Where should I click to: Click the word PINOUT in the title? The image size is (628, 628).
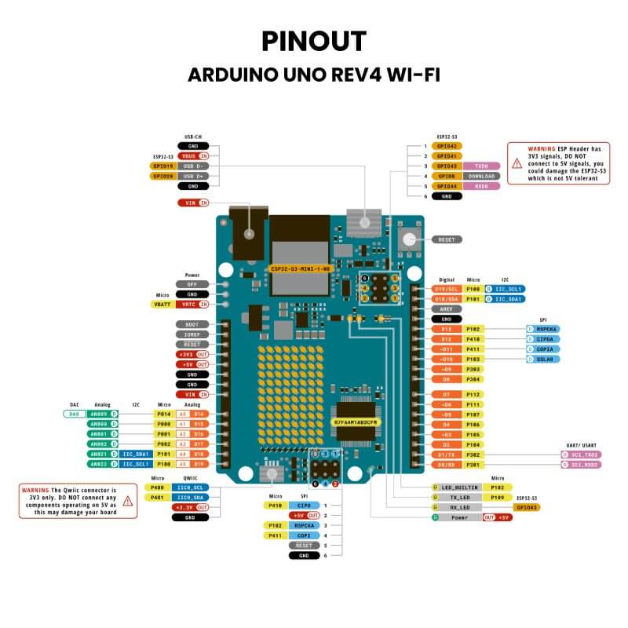click(314, 41)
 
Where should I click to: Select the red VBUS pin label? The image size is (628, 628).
click(189, 156)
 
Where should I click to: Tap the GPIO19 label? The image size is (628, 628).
click(162, 166)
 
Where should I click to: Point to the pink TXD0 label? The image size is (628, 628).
click(481, 166)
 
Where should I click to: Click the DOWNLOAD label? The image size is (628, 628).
click(481, 177)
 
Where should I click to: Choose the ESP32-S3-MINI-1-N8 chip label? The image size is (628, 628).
click(300, 268)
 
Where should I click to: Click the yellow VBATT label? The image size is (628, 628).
click(162, 304)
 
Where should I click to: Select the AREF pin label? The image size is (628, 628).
click(447, 309)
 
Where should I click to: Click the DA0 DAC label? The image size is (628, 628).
click(75, 413)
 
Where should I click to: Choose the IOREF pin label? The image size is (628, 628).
click(192, 334)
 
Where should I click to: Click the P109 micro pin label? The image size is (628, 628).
click(497, 497)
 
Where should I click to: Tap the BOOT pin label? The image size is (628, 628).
click(192, 324)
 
